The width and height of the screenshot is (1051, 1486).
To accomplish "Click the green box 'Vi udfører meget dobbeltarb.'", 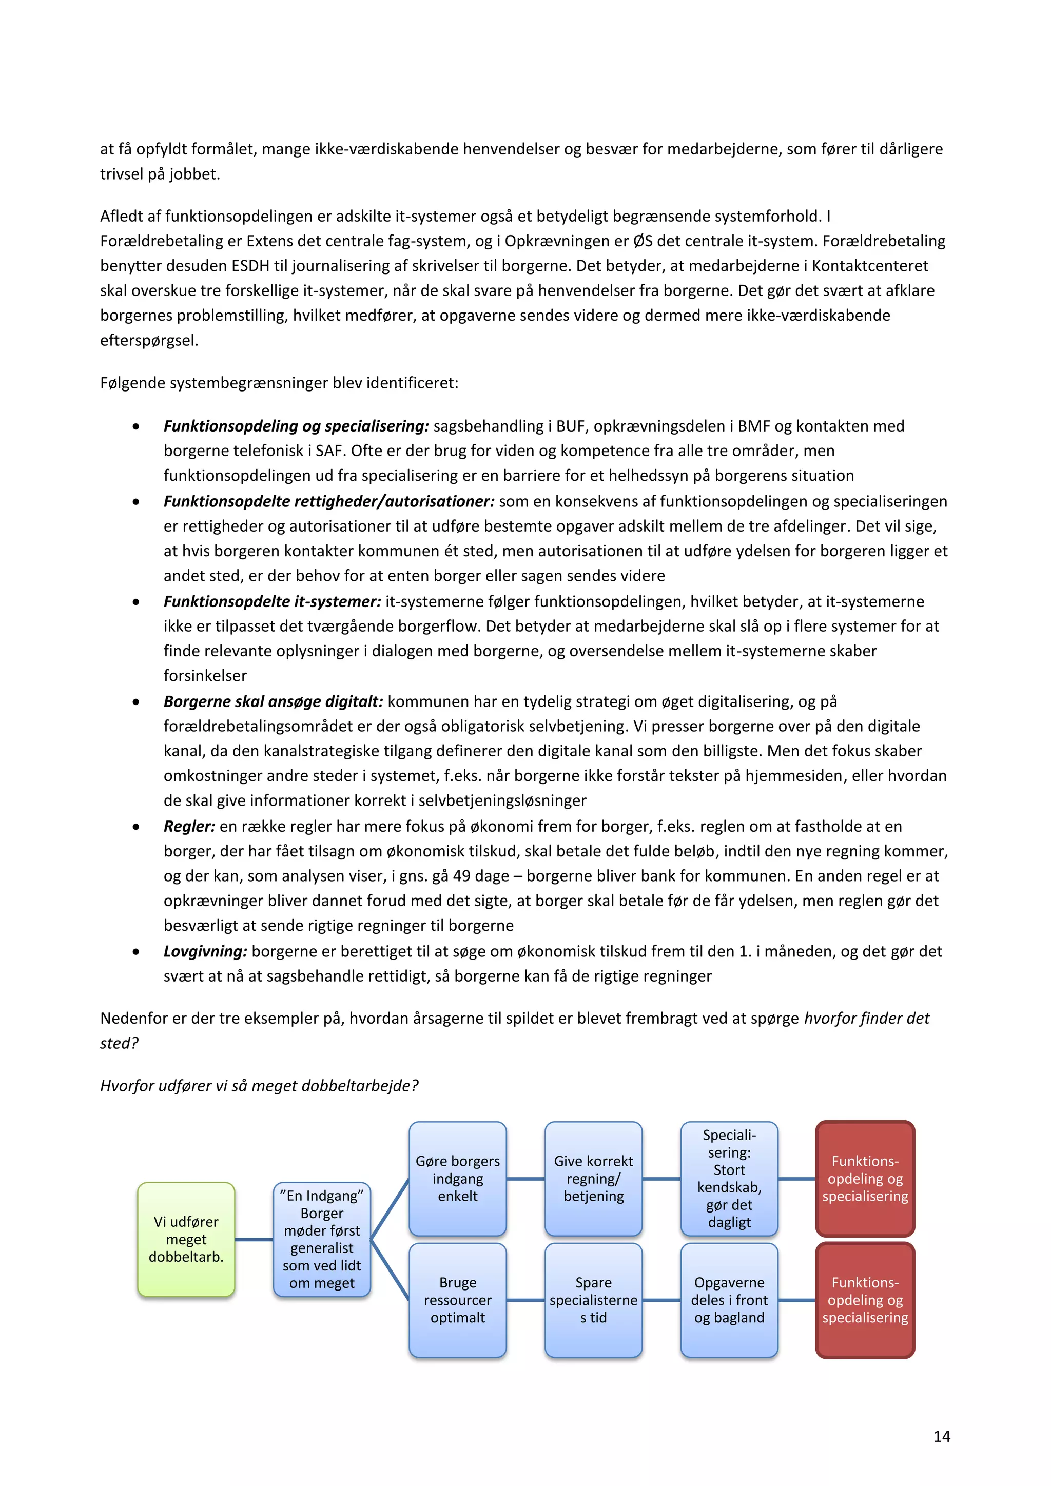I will point(186,1239).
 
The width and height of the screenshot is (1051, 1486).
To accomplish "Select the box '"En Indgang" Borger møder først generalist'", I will point(322,1239).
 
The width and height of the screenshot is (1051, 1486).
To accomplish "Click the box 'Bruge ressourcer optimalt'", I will point(458,1300).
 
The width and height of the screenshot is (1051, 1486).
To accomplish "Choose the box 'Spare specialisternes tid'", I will point(593,1300).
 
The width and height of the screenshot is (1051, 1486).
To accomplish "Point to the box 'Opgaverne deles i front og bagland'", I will point(729,1300).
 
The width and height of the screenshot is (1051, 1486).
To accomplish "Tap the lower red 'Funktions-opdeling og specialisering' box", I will point(865,1300).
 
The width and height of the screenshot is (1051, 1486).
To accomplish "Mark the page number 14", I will point(942,1436).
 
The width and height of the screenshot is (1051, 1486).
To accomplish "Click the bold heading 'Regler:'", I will point(189,827).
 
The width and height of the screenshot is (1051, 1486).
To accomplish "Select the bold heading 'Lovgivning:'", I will point(205,951).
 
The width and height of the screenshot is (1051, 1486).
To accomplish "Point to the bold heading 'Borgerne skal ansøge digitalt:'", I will point(273,701).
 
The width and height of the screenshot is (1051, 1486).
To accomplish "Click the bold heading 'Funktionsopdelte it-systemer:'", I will point(272,601).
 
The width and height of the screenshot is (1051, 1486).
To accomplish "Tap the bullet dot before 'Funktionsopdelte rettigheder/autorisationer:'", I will point(136,502).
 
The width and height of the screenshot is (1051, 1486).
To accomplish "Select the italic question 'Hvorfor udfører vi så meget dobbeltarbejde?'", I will point(259,1085).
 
